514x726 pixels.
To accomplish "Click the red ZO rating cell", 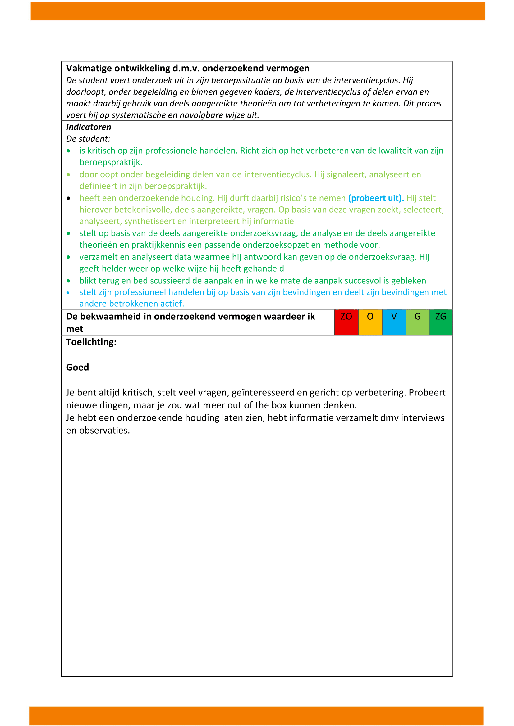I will (x=346, y=322).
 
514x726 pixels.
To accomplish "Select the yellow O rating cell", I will (x=370, y=322).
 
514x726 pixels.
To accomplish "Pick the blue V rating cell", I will (x=394, y=322).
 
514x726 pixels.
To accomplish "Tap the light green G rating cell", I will (x=417, y=322).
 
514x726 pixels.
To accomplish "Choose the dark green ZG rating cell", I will (x=441, y=322).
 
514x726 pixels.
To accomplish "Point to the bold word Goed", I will (x=78, y=368).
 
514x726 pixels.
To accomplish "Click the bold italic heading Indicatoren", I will (x=89, y=127).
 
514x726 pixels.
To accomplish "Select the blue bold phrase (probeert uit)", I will (x=376, y=198).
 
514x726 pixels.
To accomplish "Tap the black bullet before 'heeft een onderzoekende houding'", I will (x=68, y=199).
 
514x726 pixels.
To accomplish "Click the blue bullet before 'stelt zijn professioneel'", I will (x=68, y=293).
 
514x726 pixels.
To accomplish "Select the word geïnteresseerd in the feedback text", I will (x=263, y=393).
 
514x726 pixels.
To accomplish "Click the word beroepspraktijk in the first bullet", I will (x=110, y=163).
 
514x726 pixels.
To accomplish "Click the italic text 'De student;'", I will (x=88, y=139).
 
